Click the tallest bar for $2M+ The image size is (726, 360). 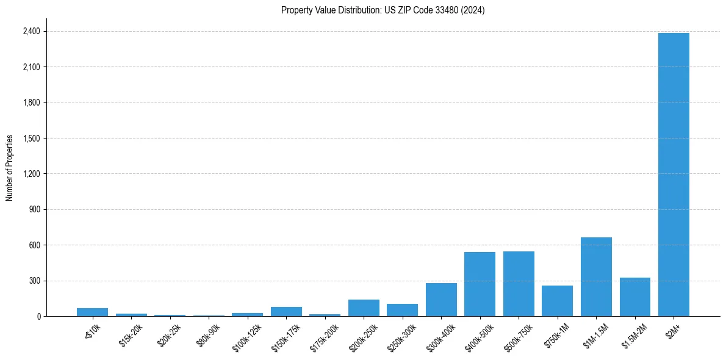pyautogui.click(x=674, y=175)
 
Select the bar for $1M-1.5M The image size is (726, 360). pyautogui.click(x=596, y=276)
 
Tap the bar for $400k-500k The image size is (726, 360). pyautogui.click(x=480, y=284)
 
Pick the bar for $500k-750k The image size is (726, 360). pyautogui.click(x=519, y=284)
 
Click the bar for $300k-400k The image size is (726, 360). pyautogui.click(x=441, y=300)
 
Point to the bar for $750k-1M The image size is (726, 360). pyautogui.click(x=557, y=301)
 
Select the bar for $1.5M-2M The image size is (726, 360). pyautogui.click(x=634, y=297)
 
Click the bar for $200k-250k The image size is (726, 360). pyautogui.click(x=364, y=308)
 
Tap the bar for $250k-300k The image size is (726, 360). pyautogui.click(x=402, y=310)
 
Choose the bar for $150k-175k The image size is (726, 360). pyautogui.click(x=286, y=311)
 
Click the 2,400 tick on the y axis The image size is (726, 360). pyautogui.click(x=31, y=31)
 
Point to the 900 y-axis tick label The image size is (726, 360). pyautogui.click(x=34, y=209)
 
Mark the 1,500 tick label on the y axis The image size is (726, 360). pyautogui.click(x=31, y=138)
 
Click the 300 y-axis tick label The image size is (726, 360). pyautogui.click(x=34, y=281)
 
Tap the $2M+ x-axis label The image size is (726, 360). pyautogui.click(x=674, y=329)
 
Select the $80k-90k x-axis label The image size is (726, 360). pyautogui.click(x=208, y=333)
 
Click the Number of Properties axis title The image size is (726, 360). pyautogui.click(x=10, y=168)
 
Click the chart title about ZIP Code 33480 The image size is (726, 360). pyautogui.click(x=383, y=10)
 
